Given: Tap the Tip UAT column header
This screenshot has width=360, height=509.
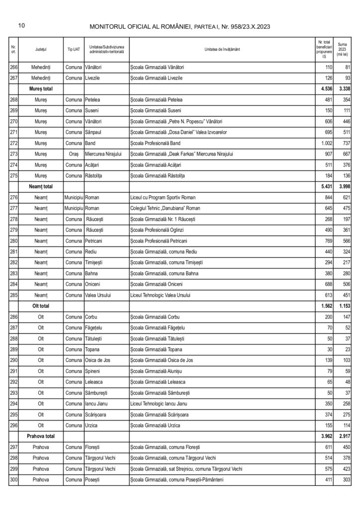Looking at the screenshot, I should (74, 50).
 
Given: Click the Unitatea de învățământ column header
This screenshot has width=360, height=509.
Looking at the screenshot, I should (221, 50).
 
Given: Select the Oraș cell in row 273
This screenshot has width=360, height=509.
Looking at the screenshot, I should (74, 154).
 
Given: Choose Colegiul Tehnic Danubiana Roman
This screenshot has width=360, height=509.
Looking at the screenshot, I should (161, 208).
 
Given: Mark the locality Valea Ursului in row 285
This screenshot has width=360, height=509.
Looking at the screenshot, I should (100, 294).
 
